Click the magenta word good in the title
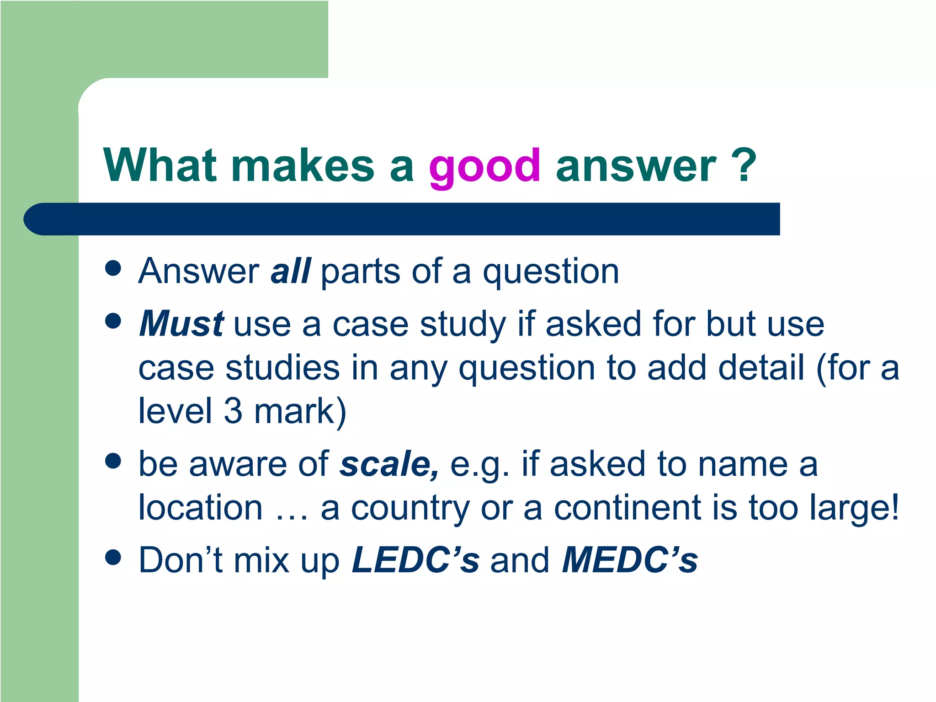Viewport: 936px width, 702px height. pyautogui.click(x=484, y=167)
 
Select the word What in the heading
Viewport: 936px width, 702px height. pyautogui.click(x=160, y=165)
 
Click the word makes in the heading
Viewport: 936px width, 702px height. pyautogui.click(x=303, y=165)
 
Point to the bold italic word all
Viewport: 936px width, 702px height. pyautogui.click(x=291, y=271)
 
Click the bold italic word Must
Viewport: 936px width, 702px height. pyautogui.click(x=181, y=324)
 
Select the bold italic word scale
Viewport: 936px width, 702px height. pyautogui.click(x=388, y=464)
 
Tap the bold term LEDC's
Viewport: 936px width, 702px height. pyautogui.click(x=415, y=560)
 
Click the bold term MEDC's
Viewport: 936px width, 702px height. pyautogui.click(x=630, y=560)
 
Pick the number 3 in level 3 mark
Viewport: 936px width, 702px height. pyautogui.click(x=233, y=411)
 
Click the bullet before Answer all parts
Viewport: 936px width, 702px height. pyautogui.click(x=113, y=269)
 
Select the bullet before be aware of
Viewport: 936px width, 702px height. pyautogui.click(x=113, y=461)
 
